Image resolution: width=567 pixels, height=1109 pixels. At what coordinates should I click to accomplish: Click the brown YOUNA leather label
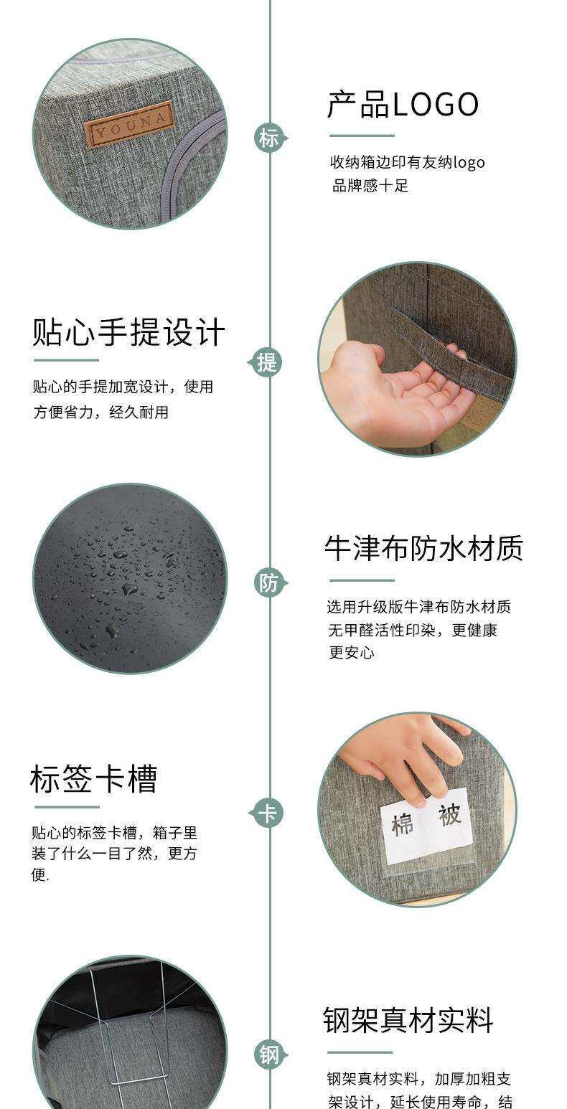pos(128,123)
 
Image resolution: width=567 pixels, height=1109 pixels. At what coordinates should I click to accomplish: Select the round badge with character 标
pos(269,138)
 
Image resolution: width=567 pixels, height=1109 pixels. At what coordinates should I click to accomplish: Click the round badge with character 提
pos(266,362)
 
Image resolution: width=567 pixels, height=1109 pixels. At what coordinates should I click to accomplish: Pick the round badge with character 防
pos(269,582)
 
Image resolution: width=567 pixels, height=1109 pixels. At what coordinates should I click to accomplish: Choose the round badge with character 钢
pos(269,1055)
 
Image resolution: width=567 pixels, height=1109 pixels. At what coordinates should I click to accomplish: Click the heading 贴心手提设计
pos(128,332)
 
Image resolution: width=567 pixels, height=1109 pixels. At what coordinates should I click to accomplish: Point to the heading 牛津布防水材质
pos(424,549)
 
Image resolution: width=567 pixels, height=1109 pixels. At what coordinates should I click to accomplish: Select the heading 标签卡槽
pos(94,779)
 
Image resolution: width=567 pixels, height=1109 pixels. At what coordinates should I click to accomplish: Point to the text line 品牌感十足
pos(370,187)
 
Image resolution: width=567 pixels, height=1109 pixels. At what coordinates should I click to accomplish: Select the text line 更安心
pos(352,653)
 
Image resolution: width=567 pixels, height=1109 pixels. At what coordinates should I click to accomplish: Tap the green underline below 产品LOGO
pos(362,136)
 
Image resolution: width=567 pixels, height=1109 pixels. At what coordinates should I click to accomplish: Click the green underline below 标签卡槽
pos(67,807)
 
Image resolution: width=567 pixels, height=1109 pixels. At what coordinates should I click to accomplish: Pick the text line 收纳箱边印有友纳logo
pos(408,163)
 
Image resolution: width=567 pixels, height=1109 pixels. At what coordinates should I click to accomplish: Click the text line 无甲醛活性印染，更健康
pos(413,630)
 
